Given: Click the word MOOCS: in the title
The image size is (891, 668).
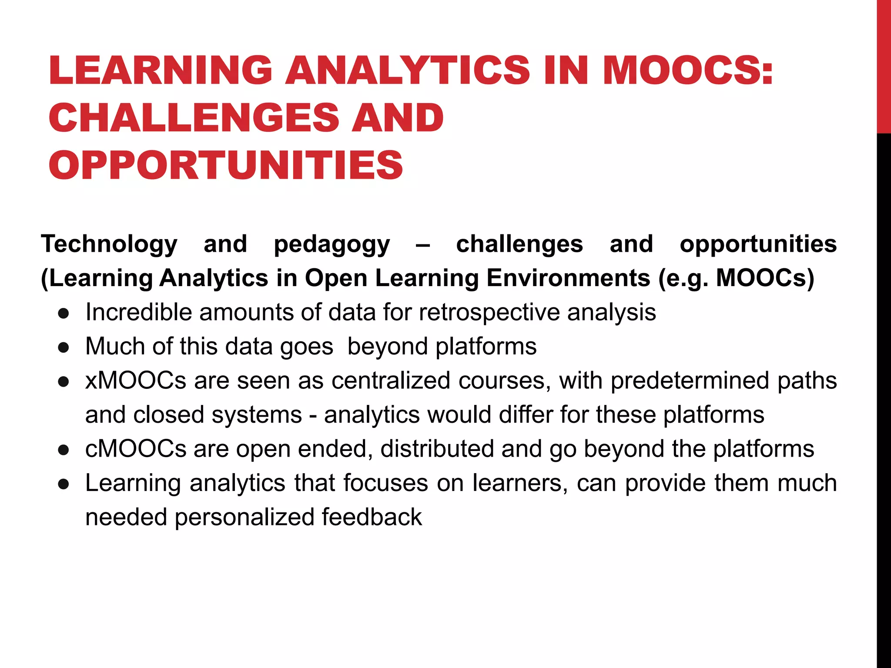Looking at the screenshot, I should pos(687,70).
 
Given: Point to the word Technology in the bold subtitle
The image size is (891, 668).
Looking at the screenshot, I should pos(109,244).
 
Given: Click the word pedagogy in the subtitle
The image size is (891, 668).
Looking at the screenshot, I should pos(332,244).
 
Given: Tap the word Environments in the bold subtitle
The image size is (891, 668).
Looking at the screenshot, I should pos(568,278).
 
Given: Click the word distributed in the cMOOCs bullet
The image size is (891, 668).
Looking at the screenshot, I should pos(437,449).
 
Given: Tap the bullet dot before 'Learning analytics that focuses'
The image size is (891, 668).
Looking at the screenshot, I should pos(64,484).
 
